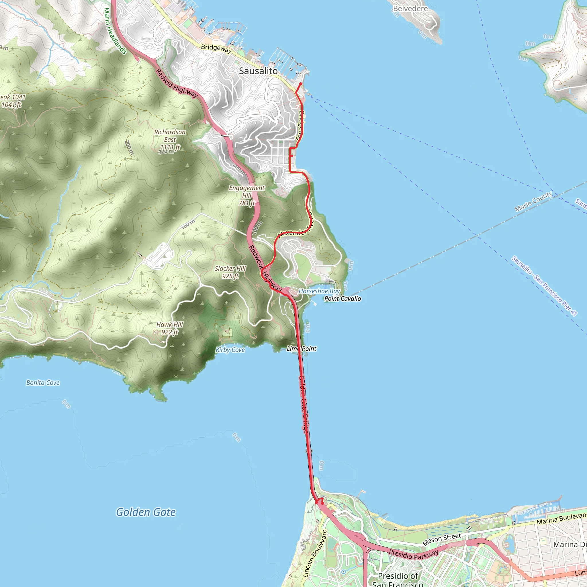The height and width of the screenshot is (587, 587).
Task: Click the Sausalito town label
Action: coord(258,71)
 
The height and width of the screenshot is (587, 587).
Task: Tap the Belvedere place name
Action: coord(410,9)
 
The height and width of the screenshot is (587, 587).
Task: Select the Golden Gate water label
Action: coord(146,512)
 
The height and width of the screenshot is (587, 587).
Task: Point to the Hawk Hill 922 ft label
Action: coord(170,328)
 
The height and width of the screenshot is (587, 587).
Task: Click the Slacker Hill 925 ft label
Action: coord(230,272)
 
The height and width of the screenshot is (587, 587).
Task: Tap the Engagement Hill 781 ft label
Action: coord(247,195)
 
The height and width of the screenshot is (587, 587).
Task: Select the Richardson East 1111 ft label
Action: coord(170,140)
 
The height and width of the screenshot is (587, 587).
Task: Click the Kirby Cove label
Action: coord(230,350)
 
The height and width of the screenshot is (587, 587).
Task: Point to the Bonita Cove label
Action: coord(43,383)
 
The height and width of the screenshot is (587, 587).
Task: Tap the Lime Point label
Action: coord(302,349)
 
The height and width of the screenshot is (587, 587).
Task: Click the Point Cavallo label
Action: coord(343,299)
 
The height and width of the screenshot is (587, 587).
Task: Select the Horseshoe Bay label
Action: coord(319,291)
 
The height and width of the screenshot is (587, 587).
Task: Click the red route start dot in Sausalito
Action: coord(300,84)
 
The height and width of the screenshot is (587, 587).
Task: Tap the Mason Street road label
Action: coord(441,540)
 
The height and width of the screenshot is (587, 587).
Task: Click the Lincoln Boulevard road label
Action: coord(315,553)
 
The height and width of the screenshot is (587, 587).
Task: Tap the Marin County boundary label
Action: coord(533,201)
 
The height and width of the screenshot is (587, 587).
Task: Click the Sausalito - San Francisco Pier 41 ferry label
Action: coord(544,286)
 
